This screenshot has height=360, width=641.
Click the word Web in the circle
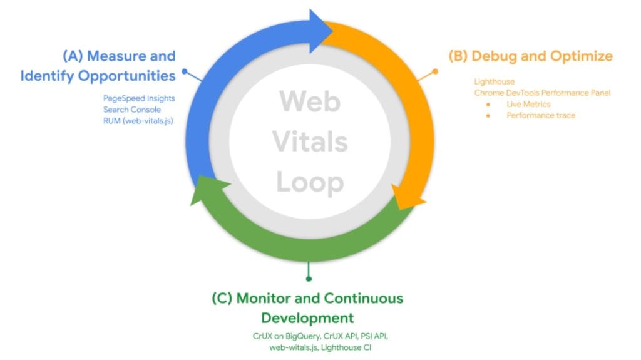[x=309, y=101]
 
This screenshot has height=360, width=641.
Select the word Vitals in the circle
[x=309, y=141]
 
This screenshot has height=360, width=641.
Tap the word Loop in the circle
[x=309, y=182]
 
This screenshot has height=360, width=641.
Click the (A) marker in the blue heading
[x=73, y=56]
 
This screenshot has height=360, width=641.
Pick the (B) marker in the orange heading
[x=458, y=56]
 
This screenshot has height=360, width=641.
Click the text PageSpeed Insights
[x=139, y=98]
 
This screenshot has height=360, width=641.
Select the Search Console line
[x=132, y=110]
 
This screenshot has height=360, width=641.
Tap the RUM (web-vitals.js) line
[x=138, y=121]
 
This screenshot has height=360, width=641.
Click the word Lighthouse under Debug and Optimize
[x=494, y=81]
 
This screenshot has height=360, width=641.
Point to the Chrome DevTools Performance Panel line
[x=541, y=93]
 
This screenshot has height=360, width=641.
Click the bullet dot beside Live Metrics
[x=488, y=104]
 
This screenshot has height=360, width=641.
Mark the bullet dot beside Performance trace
[x=488, y=115]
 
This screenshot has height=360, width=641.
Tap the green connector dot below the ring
[x=308, y=279]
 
